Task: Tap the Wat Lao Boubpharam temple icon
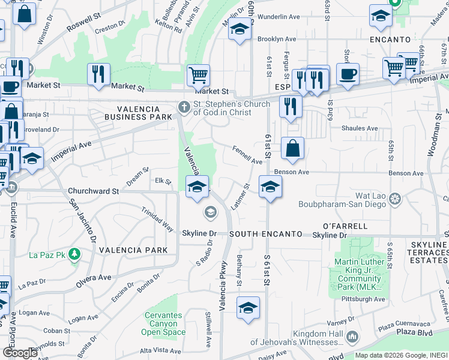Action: coord(394,198)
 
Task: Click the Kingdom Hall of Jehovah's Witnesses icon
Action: coord(352,337)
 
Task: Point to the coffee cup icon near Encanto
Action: coord(348,74)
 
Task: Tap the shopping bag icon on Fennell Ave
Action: coord(292,149)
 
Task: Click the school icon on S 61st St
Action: coord(270,187)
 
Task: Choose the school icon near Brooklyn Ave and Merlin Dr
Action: coord(239,29)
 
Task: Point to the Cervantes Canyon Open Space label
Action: coord(163,324)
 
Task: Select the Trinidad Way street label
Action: coord(158,220)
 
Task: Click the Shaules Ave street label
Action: coord(360,128)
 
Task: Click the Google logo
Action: coord(20,353)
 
